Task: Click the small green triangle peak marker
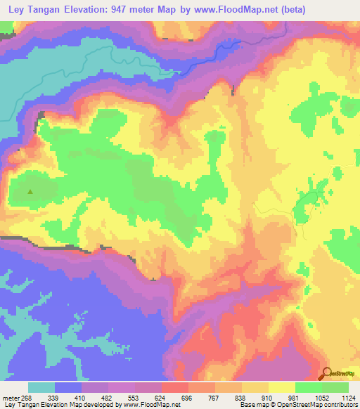pos(30,190)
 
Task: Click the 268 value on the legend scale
pos(26,398)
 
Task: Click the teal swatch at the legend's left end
pos(41,387)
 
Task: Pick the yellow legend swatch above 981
pos(281,387)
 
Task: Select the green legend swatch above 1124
pos(335,387)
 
